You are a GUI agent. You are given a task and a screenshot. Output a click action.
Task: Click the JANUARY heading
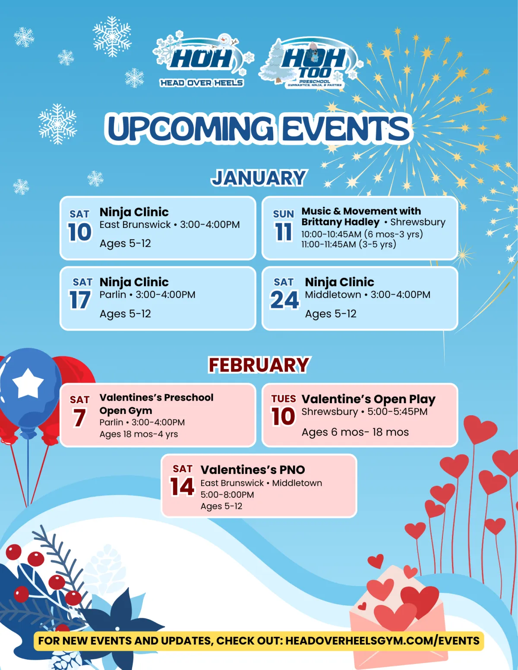(x=259, y=178)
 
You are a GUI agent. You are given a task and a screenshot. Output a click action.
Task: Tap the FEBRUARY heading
(x=259, y=365)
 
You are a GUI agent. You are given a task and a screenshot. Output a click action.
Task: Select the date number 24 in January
(x=284, y=300)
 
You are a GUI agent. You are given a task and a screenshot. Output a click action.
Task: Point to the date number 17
(x=80, y=300)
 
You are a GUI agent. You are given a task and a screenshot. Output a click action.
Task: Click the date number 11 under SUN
(x=284, y=232)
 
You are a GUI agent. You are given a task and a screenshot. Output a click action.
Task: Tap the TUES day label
(x=284, y=398)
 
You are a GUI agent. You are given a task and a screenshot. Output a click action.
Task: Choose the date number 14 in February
(x=182, y=487)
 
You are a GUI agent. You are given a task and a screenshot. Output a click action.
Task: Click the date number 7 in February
(x=79, y=418)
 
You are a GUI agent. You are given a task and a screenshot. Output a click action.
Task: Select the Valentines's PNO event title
(x=253, y=470)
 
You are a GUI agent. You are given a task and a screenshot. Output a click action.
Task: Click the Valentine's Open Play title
(x=369, y=399)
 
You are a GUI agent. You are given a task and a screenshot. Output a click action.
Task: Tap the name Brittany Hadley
(x=341, y=222)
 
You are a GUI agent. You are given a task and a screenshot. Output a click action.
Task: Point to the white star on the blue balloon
(x=28, y=383)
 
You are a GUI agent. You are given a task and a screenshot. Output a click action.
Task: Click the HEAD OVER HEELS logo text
(x=202, y=83)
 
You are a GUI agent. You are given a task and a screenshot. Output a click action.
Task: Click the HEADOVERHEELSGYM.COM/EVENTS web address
(x=382, y=641)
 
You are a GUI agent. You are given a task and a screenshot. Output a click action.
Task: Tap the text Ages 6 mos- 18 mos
(x=355, y=432)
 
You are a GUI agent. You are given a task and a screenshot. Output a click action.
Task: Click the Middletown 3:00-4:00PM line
(x=368, y=294)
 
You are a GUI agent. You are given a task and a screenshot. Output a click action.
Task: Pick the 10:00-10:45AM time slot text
(x=331, y=234)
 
